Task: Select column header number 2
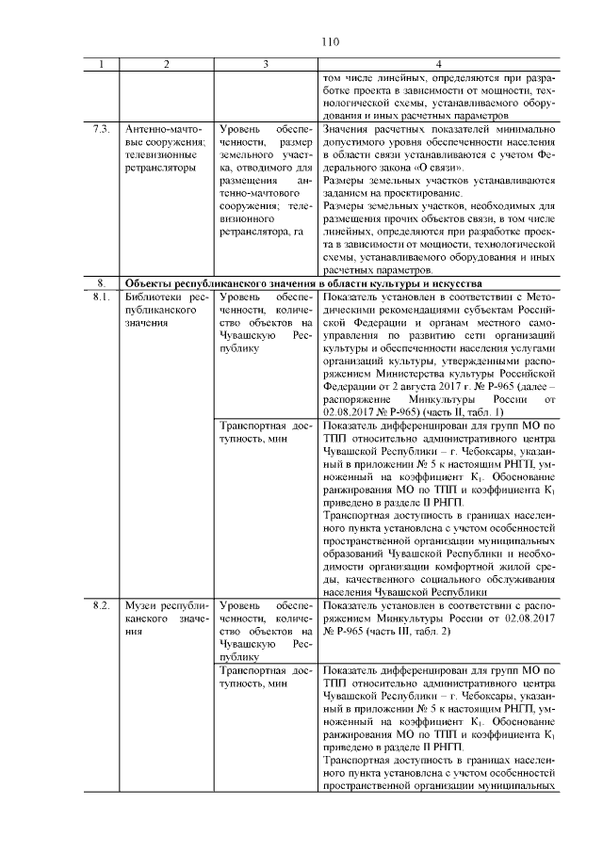[166, 63]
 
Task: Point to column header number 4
[439, 63]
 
